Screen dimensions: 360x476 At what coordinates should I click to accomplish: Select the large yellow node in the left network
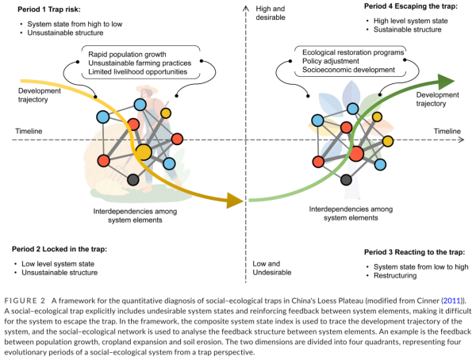[x=144, y=151]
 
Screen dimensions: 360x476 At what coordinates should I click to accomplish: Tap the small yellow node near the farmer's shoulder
[x=166, y=113]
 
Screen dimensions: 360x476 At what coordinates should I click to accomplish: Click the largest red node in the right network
[x=355, y=153]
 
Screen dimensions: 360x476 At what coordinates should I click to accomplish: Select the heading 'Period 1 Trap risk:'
[x=53, y=9]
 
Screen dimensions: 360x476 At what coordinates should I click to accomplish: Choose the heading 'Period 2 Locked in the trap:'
[x=61, y=249]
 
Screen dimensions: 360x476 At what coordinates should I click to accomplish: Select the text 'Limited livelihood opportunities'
[x=144, y=71]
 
